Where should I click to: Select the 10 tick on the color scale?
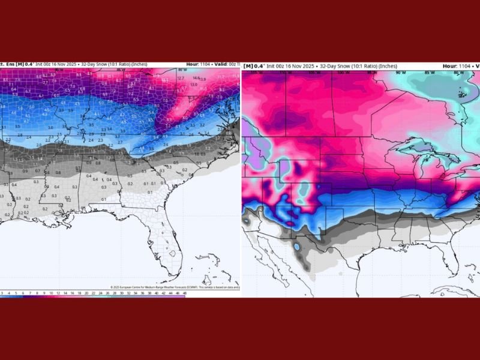(51, 293)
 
